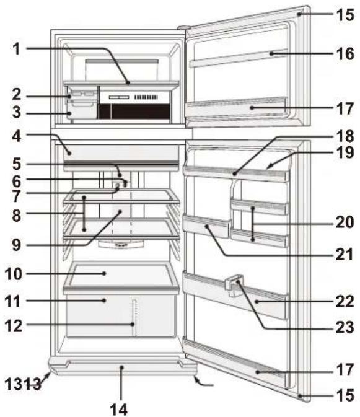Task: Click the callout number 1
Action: tap(17, 49)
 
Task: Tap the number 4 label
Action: tap(17, 136)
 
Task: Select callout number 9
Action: tap(17, 245)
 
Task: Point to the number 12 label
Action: tap(14, 325)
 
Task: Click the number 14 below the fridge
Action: tap(118, 409)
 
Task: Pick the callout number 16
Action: tap(345, 54)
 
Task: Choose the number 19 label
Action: tap(345, 152)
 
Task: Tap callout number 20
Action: tap(345, 222)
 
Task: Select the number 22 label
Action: tap(345, 301)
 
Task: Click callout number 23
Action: tap(345, 327)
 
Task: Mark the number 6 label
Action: tap(17, 182)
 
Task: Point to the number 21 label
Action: tap(345, 254)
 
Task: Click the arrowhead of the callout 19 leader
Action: tap(268, 167)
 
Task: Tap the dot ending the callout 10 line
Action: tap(105, 273)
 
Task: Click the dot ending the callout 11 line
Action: tap(105, 301)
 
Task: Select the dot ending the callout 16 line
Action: tap(271, 54)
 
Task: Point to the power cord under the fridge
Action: tap(204, 382)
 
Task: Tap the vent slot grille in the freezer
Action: tap(146, 97)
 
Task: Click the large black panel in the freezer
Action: tap(141, 112)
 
